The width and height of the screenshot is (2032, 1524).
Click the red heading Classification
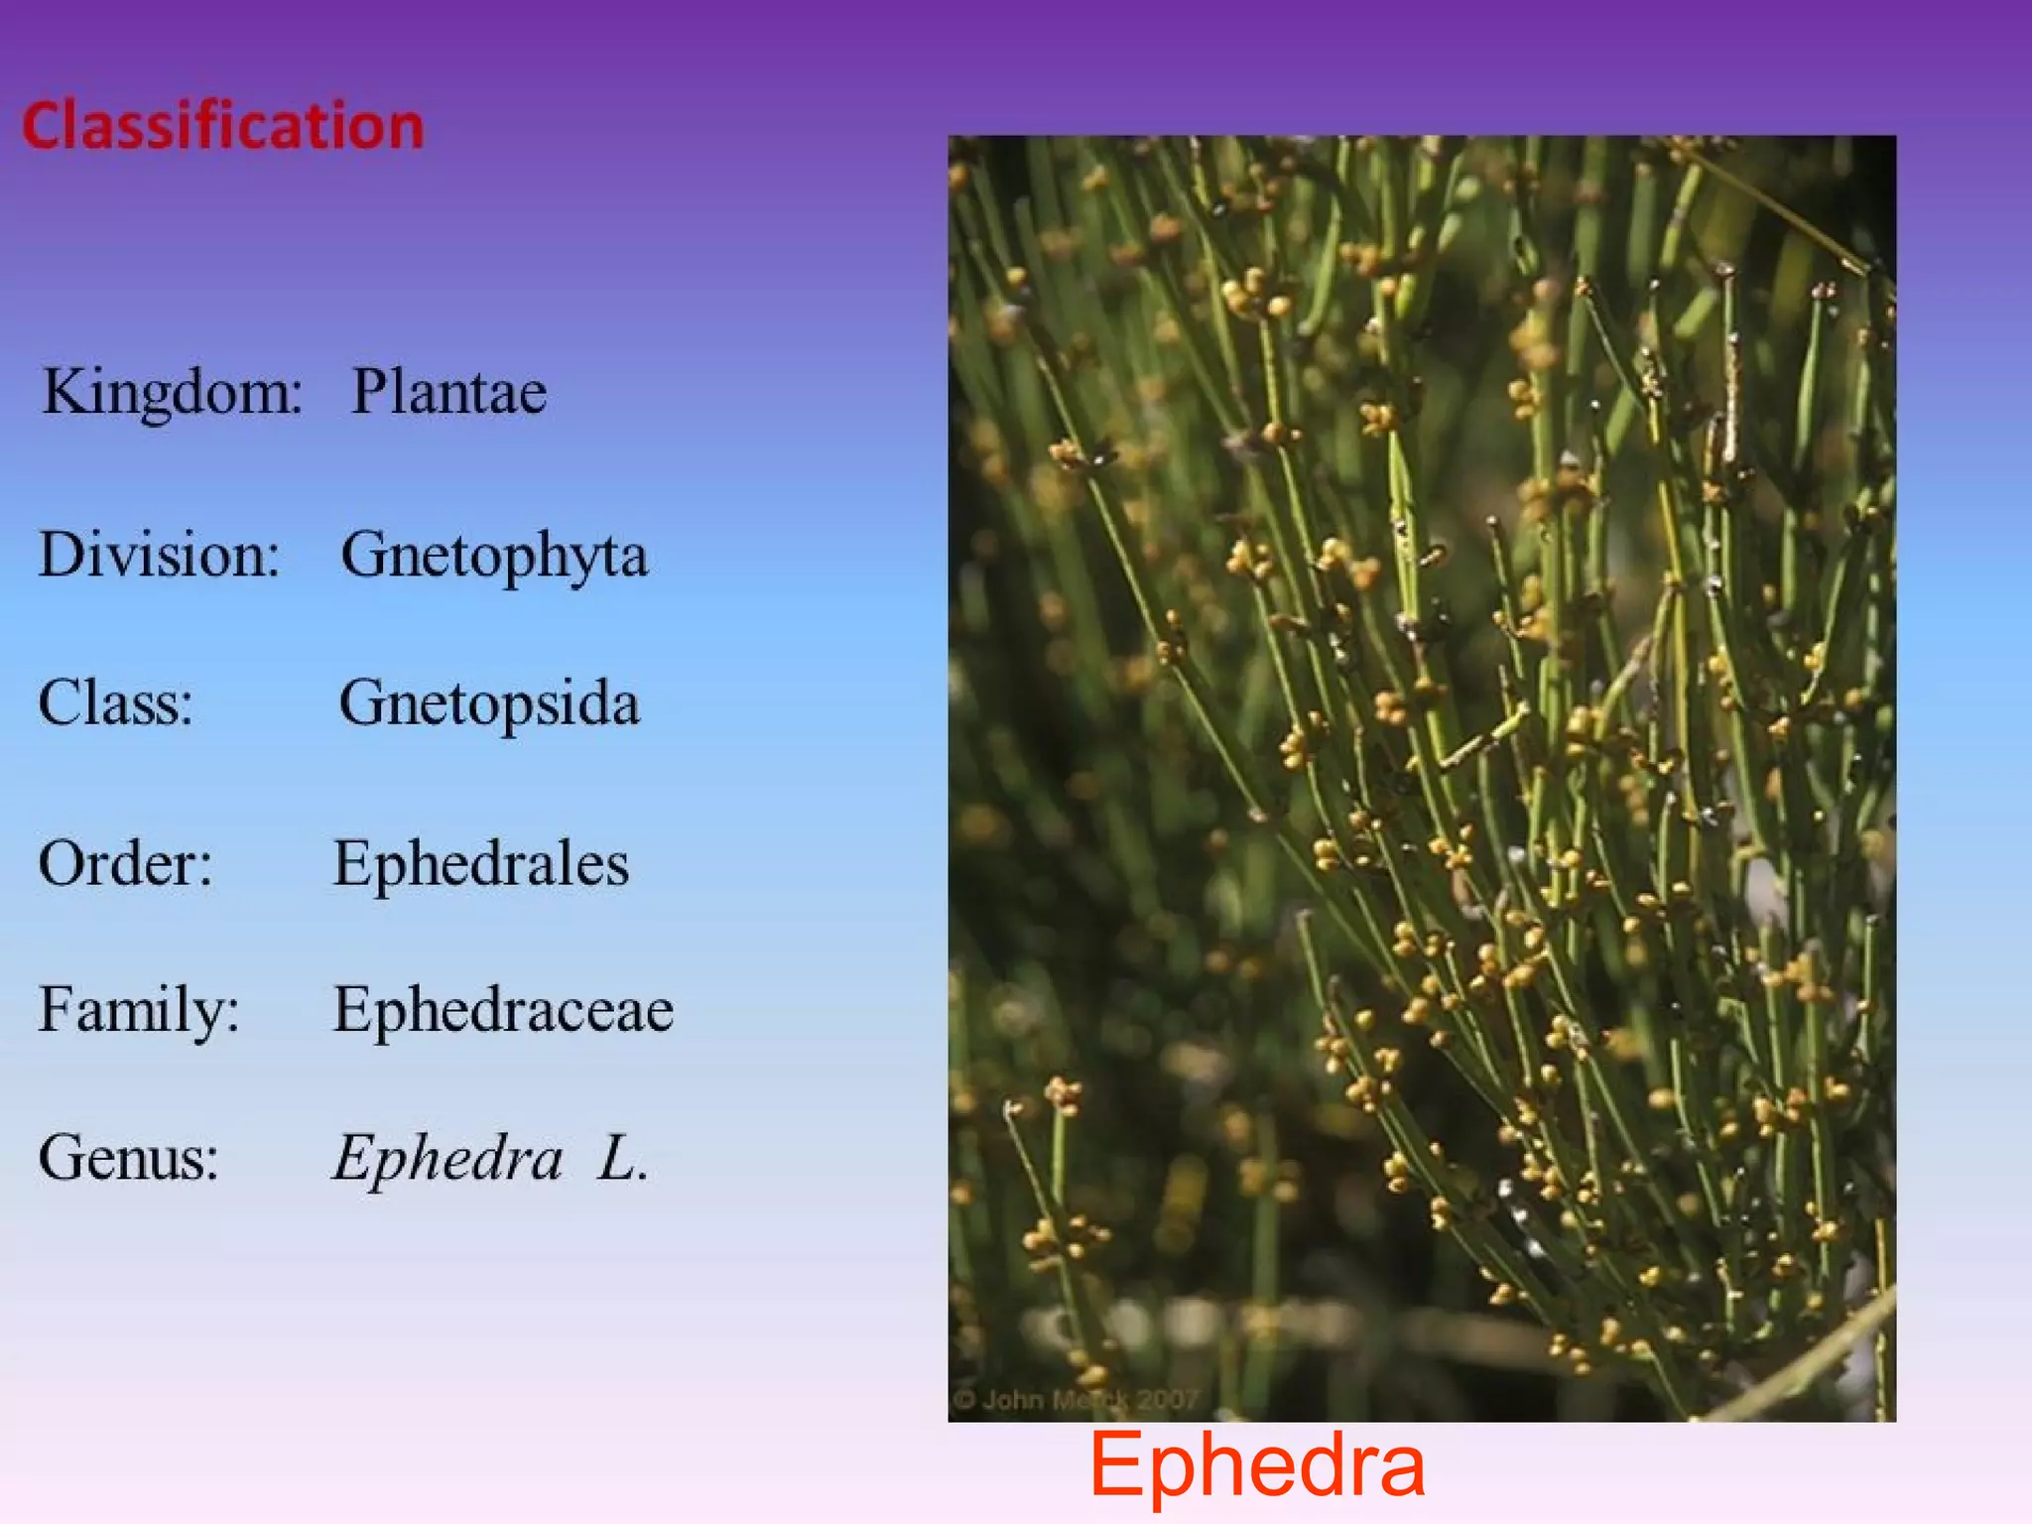click(x=223, y=126)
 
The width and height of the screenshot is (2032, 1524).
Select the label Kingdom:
click(x=172, y=392)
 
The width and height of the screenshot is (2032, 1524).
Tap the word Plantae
click(x=448, y=392)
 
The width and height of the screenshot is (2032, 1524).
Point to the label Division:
click(x=159, y=554)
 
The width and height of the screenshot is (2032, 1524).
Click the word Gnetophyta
click(x=494, y=556)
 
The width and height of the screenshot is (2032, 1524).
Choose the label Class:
click(x=115, y=703)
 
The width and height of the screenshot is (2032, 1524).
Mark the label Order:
click(x=125, y=863)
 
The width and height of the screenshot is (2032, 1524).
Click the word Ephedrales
click(x=480, y=863)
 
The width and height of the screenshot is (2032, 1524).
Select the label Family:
click(x=139, y=1010)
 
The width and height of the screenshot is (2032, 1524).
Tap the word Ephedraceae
click(x=503, y=1010)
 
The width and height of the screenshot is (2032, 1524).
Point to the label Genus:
click(x=128, y=1157)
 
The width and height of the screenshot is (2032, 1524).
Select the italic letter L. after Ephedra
click(x=622, y=1158)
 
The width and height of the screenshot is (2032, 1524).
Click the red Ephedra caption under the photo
click(x=1257, y=1465)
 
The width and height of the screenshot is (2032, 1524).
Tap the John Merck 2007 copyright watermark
click(x=1077, y=1400)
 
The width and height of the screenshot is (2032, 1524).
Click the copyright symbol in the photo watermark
click(x=964, y=1400)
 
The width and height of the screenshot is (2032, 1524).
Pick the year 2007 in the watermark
click(x=1168, y=1400)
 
